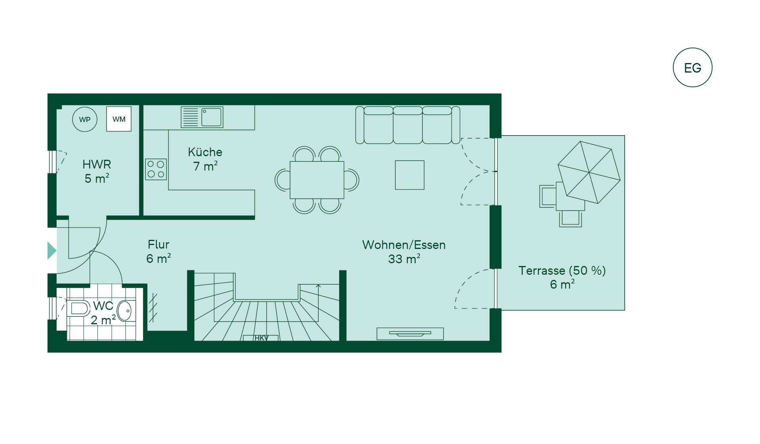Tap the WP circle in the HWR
click(85, 119)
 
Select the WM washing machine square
click(119, 119)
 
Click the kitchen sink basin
click(211, 117)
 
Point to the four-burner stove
click(156, 169)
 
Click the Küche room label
click(205, 152)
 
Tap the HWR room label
click(97, 164)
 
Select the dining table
click(317, 180)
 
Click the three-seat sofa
click(408, 125)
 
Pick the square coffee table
click(410, 175)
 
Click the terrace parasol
click(589, 172)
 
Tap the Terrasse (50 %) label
click(562, 271)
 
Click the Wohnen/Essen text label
click(404, 245)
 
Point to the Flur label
click(158, 244)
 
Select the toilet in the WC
click(78, 308)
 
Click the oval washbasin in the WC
click(124, 311)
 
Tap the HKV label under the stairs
click(261, 338)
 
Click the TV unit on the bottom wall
click(410, 334)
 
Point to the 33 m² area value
click(404, 259)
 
